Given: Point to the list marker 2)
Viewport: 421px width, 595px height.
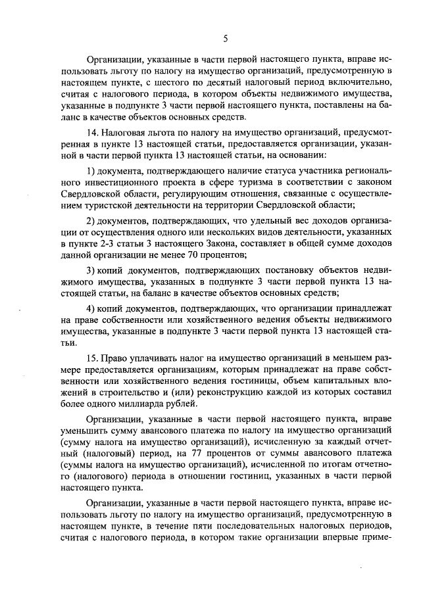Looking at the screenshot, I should point(93,220).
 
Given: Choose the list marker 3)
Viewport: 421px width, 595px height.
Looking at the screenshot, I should point(93,271).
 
